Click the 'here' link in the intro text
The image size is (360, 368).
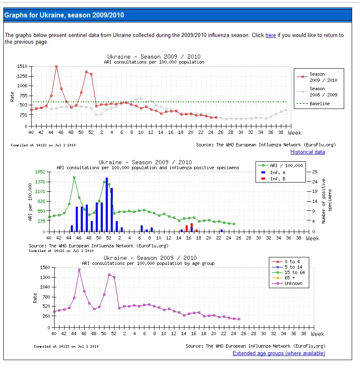click(271, 35)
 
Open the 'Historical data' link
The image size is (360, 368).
click(308, 152)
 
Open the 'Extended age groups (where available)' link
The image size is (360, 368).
click(279, 353)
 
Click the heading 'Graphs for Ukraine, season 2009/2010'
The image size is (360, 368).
click(64, 15)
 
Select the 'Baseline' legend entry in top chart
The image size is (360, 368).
click(313, 104)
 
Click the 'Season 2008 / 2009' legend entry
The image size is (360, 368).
click(317, 92)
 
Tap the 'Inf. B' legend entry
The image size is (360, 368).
click(273, 179)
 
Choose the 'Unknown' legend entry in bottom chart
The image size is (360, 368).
click(287, 283)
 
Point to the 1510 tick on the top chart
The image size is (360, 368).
click(22, 66)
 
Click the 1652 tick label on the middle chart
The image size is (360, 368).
click(40, 172)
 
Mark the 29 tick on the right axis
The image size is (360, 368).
click(315, 172)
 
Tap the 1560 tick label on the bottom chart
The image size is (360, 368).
click(45, 267)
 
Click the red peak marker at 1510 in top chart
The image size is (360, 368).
click(56, 67)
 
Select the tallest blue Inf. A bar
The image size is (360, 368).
click(107, 205)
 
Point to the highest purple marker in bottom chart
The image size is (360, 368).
click(79, 270)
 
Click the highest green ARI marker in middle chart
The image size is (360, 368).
click(74, 178)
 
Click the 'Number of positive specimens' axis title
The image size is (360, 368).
click(326, 201)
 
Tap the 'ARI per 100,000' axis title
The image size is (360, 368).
click(30, 202)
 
